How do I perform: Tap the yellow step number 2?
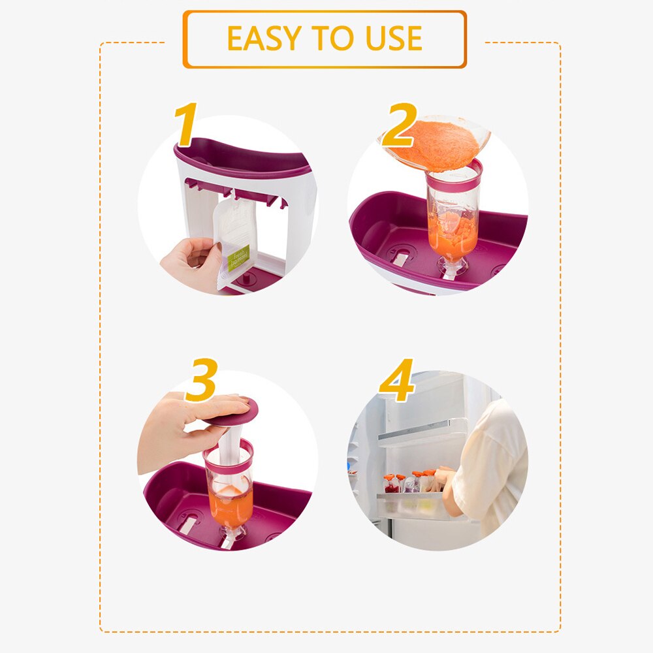click(x=399, y=126)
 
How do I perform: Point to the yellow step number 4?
click(x=396, y=381)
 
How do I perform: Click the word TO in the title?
click(x=325, y=39)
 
